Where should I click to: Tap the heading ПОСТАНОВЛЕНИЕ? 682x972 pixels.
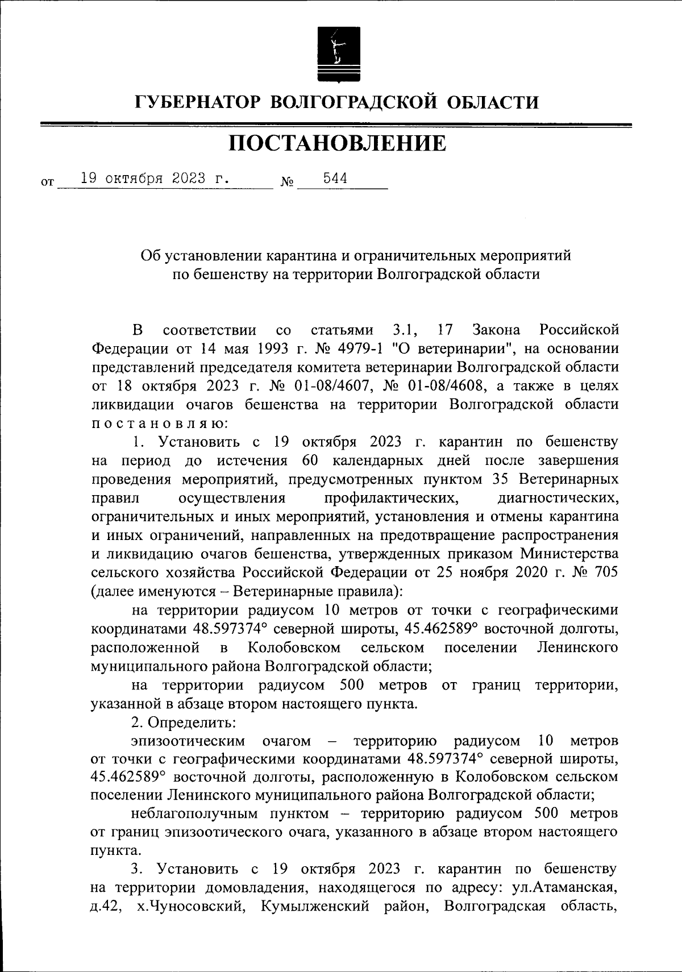point(338,144)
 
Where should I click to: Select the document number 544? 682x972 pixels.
point(335,178)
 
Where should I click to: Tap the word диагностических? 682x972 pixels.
point(558,498)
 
